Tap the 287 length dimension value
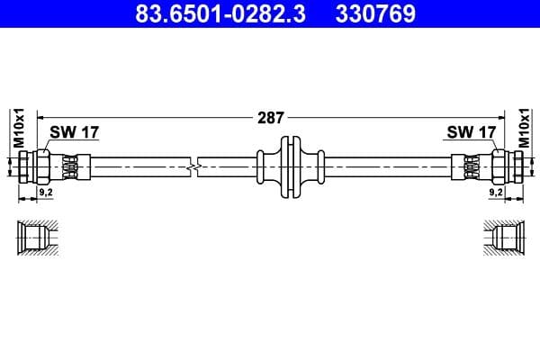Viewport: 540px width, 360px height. pos(270,117)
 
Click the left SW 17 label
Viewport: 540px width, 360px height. pos(74,132)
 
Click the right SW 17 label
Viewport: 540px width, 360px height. pos(471,132)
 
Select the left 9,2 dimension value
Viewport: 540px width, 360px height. pos(44,192)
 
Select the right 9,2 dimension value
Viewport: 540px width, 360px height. pos(496,192)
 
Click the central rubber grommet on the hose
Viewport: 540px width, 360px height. pos(288,166)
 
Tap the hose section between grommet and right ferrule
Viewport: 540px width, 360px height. pos(387,166)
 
